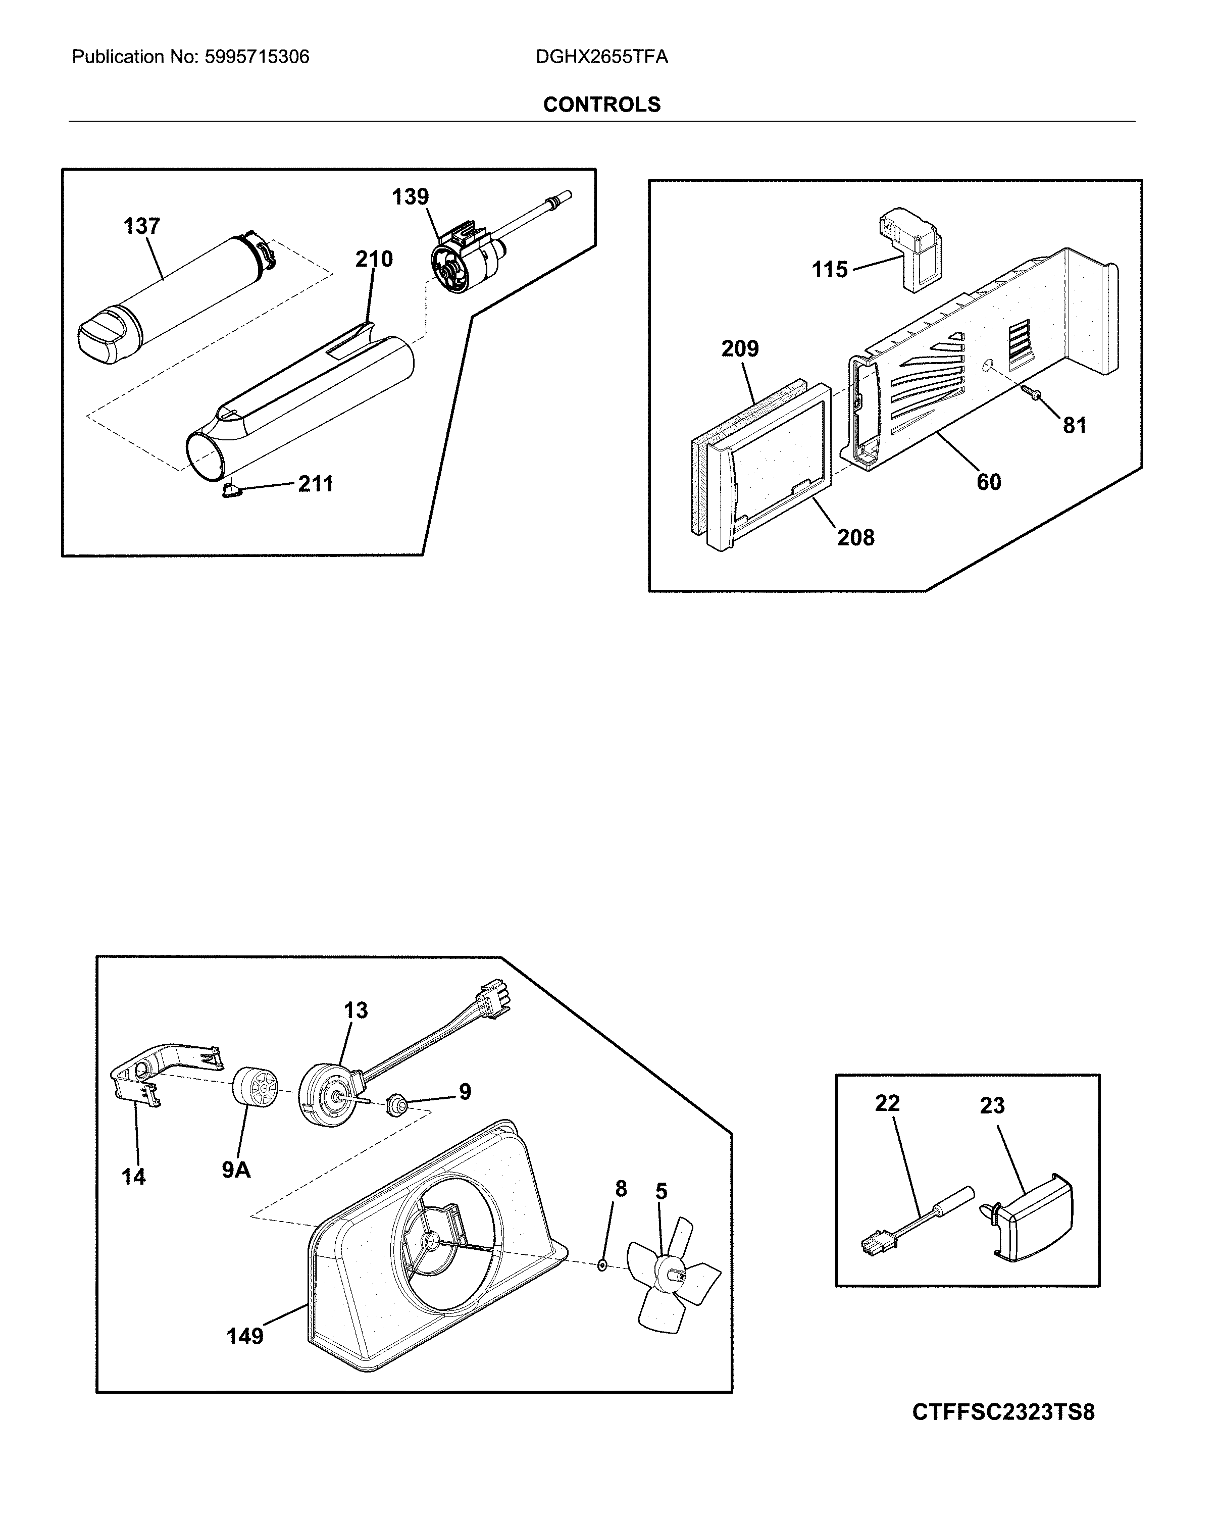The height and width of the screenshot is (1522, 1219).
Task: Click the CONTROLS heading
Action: tap(601, 105)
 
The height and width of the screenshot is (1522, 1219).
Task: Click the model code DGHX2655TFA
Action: tap(601, 57)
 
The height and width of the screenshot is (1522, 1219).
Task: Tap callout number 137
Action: tap(141, 227)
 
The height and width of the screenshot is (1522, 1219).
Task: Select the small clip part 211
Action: tap(230, 490)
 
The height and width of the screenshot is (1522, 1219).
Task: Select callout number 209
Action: tap(740, 349)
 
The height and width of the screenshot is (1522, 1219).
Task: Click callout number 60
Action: tap(988, 482)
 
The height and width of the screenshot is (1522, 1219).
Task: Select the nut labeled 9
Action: tap(395, 1105)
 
